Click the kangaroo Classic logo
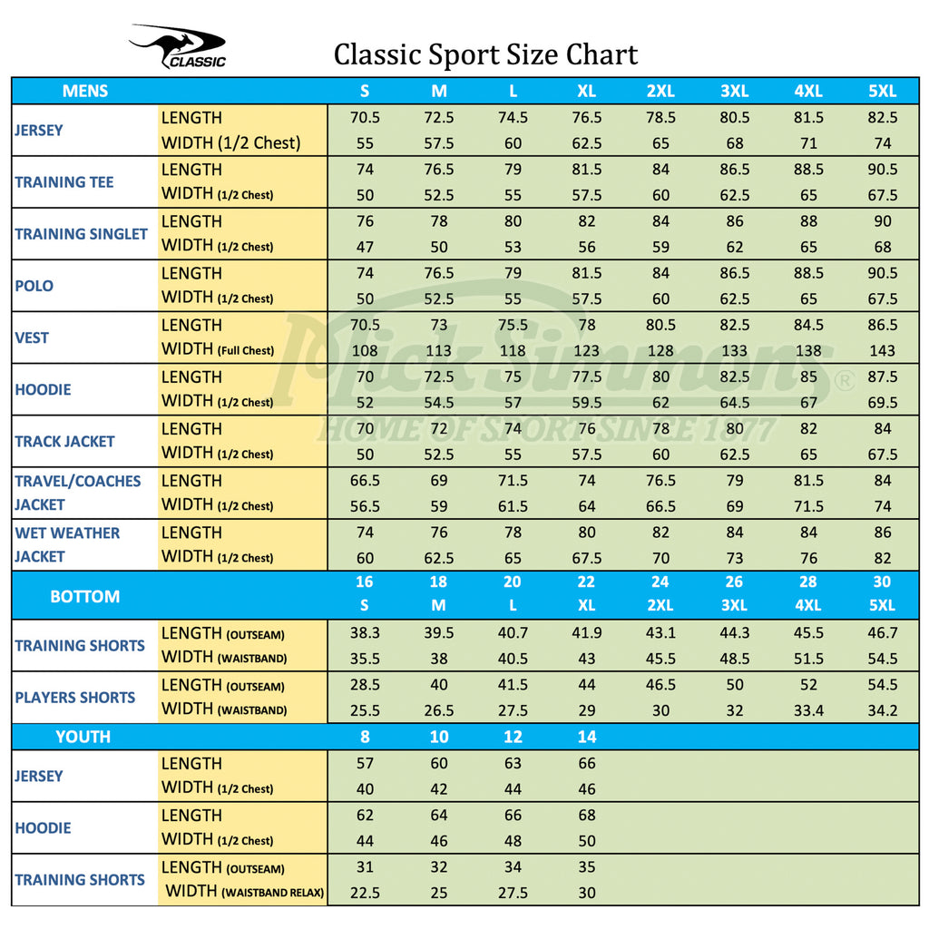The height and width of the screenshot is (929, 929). pos(178,47)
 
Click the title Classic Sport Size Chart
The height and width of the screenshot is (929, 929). pos(485,54)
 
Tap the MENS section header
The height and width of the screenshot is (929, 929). pos(85,91)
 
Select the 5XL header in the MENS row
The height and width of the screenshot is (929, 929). pos(882,91)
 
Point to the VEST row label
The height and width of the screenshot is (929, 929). pos(32,337)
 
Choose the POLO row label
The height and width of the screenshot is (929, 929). pos(34,286)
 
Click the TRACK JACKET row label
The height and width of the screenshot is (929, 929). pos(64,442)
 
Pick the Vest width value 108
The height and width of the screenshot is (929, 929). pos(365,350)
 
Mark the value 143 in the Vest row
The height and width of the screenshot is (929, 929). pos(882,350)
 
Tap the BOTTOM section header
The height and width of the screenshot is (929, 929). pos(84,596)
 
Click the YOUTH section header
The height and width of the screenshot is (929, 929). pos(83,737)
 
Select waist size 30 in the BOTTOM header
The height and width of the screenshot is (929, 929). pos(882,582)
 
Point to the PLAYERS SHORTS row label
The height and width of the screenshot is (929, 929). pos(74,698)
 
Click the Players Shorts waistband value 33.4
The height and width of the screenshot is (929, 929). pos(808,710)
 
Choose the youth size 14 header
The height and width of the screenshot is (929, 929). pos(587,737)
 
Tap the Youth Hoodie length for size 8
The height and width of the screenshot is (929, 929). pos(365,815)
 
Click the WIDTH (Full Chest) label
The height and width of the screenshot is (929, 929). pos(218,349)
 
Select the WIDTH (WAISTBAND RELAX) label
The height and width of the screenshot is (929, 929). pos(245,892)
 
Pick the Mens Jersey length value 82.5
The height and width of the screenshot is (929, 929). pos(882,117)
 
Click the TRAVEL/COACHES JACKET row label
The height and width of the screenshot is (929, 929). pos(77,493)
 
